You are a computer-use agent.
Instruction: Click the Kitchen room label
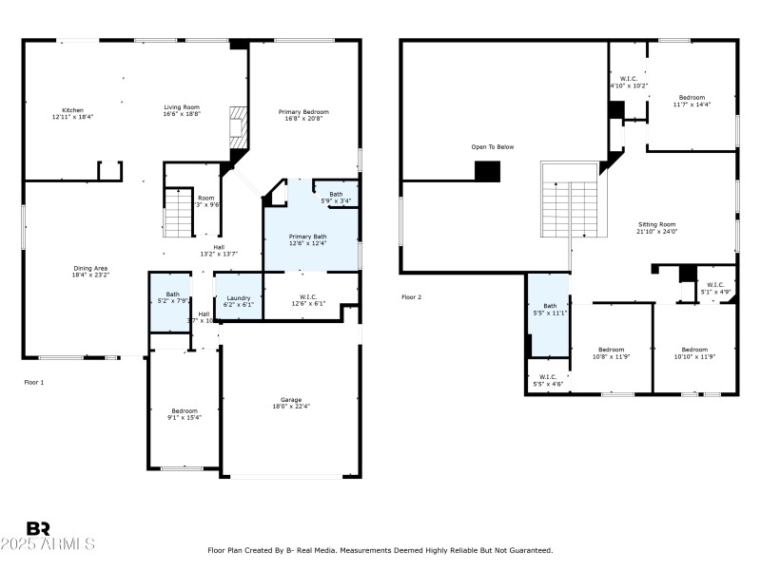click(72, 112)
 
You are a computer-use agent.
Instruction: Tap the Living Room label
click(182, 110)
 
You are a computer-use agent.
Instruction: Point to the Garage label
click(292, 401)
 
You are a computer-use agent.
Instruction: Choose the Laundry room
click(238, 300)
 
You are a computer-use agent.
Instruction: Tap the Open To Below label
click(492, 146)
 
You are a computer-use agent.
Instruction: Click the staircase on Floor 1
click(179, 212)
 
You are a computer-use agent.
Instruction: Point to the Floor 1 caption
click(34, 382)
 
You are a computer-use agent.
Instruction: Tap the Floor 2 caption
click(411, 297)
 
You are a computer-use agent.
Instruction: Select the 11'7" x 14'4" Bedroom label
click(692, 101)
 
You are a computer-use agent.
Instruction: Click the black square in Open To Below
click(487, 171)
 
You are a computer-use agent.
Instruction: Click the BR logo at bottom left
click(38, 528)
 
